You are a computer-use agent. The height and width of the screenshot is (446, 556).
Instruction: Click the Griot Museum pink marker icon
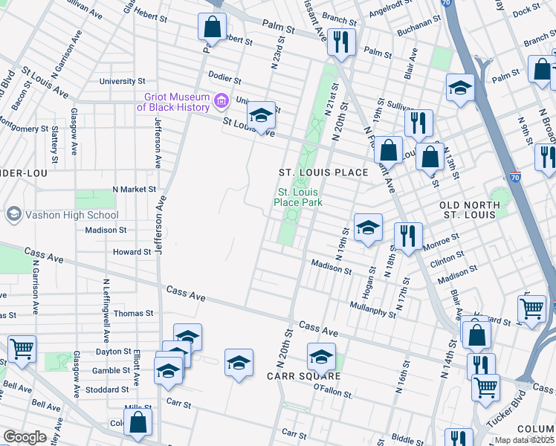pos(220,100)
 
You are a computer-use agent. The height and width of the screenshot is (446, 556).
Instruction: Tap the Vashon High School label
pos(71,215)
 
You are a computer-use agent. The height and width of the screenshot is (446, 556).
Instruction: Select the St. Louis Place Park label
pos(299,196)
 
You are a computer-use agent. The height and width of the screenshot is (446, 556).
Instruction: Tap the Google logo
pos(25,437)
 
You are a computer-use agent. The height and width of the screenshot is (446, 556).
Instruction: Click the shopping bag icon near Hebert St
pos(212,27)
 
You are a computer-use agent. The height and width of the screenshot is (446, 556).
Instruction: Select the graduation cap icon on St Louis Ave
pos(261,115)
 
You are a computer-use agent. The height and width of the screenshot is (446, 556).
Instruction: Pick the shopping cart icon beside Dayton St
pos(22,347)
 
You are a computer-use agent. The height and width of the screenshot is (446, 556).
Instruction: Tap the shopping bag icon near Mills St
pos(138,422)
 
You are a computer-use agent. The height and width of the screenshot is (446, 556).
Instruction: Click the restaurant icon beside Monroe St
pos(407,236)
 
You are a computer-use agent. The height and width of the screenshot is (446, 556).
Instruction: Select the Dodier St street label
pos(225,80)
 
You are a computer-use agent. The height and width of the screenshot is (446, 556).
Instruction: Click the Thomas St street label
pos(133,314)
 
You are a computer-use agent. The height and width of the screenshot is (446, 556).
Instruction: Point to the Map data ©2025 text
pos(525,440)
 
